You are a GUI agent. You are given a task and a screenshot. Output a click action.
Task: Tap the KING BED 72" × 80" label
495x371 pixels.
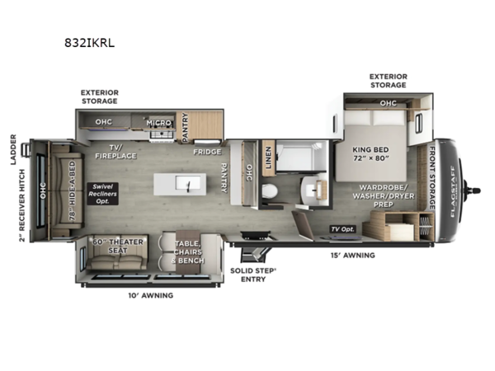coord(369,156)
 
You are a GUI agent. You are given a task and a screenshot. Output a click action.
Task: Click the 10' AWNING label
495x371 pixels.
coord(151,294)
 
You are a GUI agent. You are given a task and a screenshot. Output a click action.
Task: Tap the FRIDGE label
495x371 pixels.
coord(205,152)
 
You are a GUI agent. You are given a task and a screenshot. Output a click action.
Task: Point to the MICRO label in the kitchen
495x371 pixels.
coord(158,123)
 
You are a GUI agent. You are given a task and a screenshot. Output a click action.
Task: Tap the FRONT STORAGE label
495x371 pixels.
coord(431,177)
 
